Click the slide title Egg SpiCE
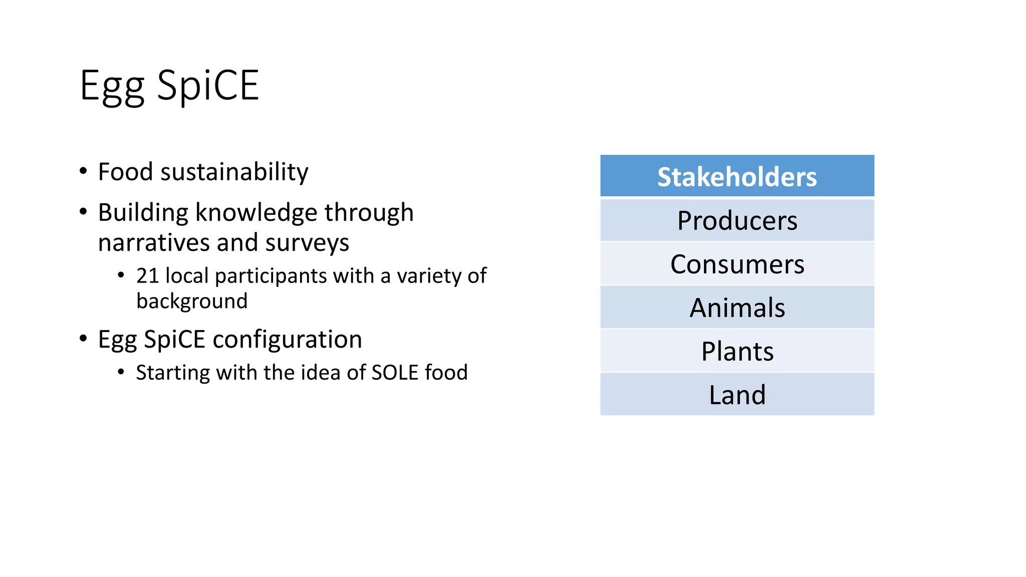[x=169, y=86]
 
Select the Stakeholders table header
[x=737, y=177]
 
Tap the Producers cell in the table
[x=737, y=221]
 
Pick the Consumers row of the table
[x=737, y=264]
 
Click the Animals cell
[x=737, y=308]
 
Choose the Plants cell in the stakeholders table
[x=737, y=351]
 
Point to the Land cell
[x=737, y=395]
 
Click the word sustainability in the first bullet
[x=234, y=172]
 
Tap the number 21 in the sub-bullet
[x=147, y=276]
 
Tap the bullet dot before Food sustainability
[x=83, y=171]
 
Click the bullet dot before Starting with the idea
[x=121, y=372]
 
